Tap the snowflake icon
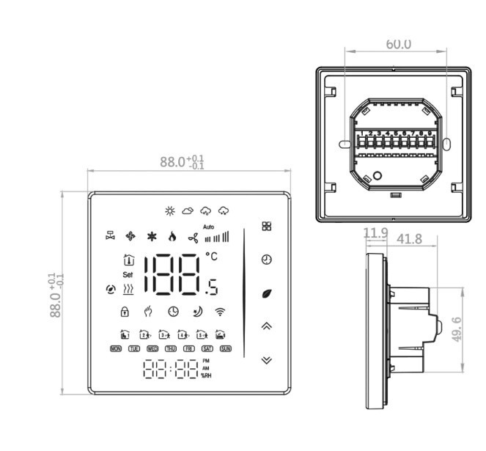pos(152,236)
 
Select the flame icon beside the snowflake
pos(172,236)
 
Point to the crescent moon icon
pos(196,311)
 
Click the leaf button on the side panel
pos(266,293)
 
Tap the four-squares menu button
pos(266,227)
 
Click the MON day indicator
pos(116,348)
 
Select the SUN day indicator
pos(226,348)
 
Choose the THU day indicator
pos(171,348)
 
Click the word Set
pos(128,274)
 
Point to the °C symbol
pos(211,257)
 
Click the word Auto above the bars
pos(208,226)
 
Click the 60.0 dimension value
pos(398,44)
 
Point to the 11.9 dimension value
pos(375,233)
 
